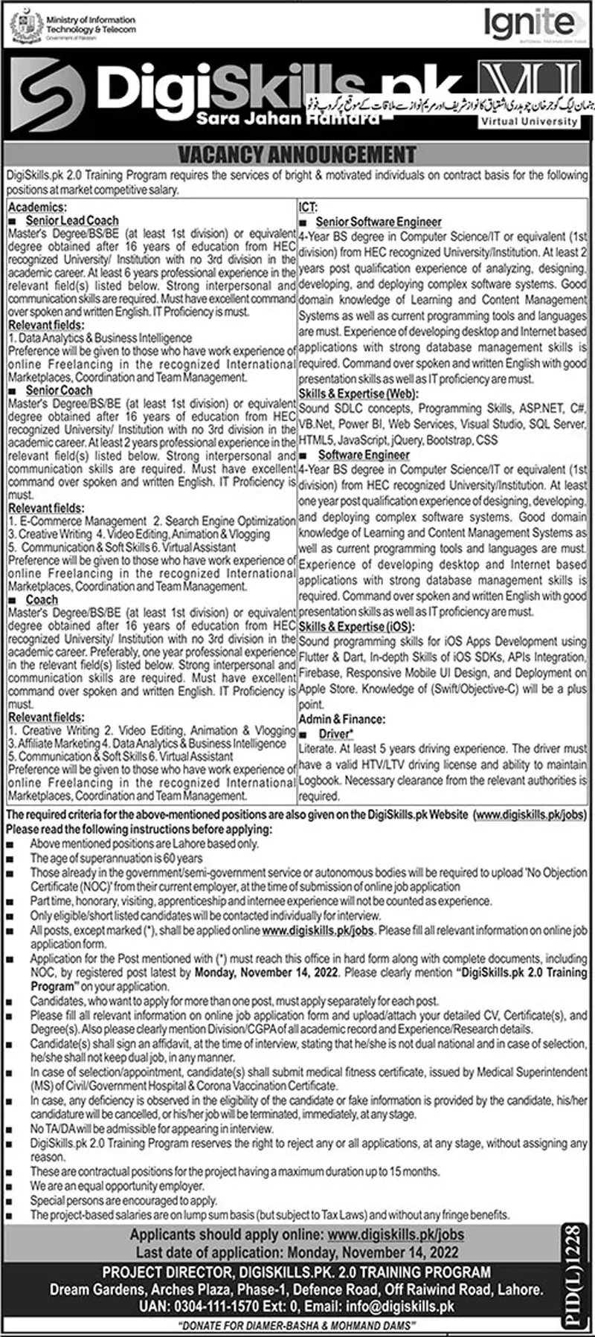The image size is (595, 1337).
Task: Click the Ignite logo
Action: pyautogui.click(x=529, y=25)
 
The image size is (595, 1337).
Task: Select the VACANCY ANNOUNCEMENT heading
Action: pyautogui.click(x=297, y=155)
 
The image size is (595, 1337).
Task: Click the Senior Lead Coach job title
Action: pyautogui.click(x=72, y=220)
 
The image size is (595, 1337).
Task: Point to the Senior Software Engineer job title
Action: pyautogui.click(x=379, y=222)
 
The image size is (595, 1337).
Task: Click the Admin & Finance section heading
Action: pyautogui.click(x=342, y=719)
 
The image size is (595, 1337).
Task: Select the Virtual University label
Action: pyautogui.click(x=530, y=120)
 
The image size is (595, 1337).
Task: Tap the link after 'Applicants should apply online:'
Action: pyautogui.click(x=396, y=1234)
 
